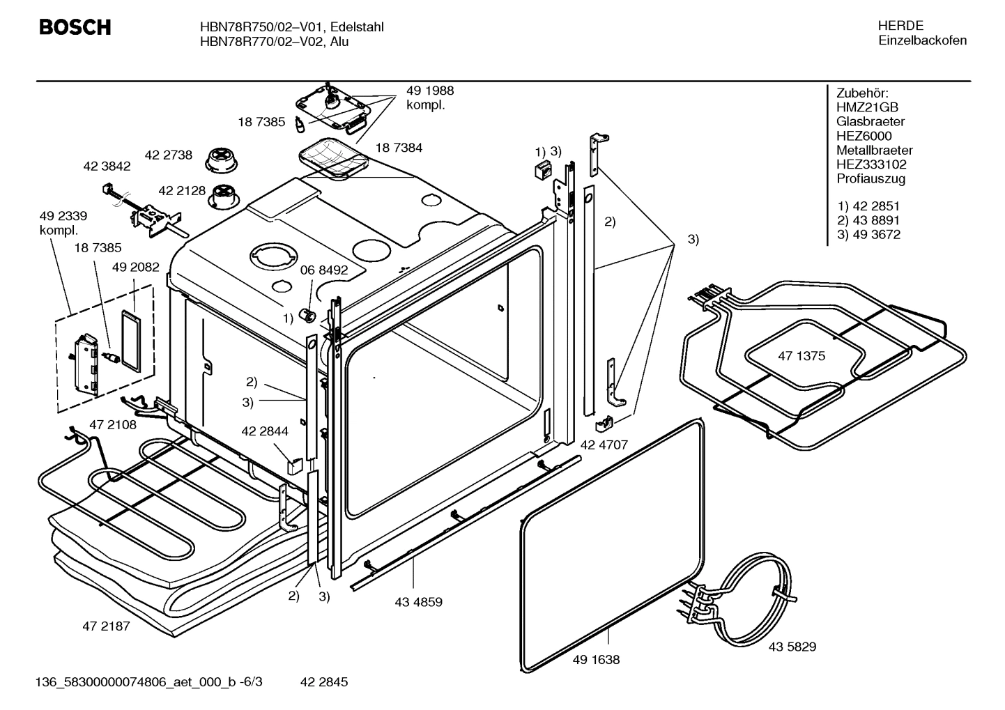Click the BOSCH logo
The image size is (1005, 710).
(x=75, y=28)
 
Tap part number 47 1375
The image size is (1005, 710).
(x=801, y=356)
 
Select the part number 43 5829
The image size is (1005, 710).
(x=792, y=647)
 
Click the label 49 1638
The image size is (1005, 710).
(x=596, y=659)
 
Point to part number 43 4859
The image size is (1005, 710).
(x=418, y=602)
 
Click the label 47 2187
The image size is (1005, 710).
(x=106, y=626)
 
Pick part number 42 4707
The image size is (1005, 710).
(x=604, y=444)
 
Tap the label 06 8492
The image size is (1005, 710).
(x=323, y=270)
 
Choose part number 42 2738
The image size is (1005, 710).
(x=168, y=155)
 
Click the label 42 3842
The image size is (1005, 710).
(x=107, y=167)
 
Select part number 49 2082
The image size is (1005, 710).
(x=135, y=267)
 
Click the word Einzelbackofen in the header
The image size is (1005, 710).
(x=922, y=40)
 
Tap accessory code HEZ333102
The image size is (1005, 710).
(x=871, y=164)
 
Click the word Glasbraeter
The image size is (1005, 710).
(x=870, y=122)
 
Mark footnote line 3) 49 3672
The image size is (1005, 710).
(x=868, y=235)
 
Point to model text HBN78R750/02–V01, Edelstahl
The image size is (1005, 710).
(x=291, y=27)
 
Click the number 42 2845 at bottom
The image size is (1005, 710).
(x=323, y=682)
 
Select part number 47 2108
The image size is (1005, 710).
(x=113, y=424)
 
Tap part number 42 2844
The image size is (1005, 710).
(x=264, y=431)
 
